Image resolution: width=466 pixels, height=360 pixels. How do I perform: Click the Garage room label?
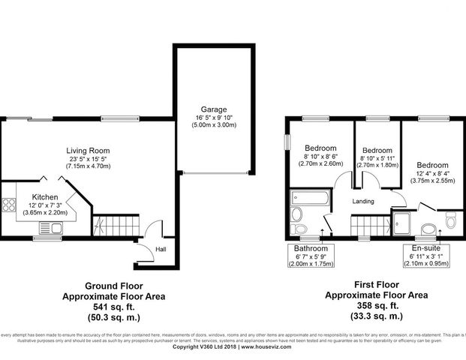coord(212,109)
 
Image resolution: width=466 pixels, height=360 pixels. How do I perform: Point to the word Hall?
coord(161,250)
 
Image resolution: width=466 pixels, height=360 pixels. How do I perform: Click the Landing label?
coord(364,202)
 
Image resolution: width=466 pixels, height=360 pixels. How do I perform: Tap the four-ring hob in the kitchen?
coord(10,203)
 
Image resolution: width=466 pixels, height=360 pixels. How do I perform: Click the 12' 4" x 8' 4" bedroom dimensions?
coord(432,173)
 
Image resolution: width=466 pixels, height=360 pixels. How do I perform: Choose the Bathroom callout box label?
coord(311,248)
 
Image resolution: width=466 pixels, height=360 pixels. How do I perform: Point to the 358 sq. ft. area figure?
coord(377,305)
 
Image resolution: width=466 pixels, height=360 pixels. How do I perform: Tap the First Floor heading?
coord(377,286)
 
